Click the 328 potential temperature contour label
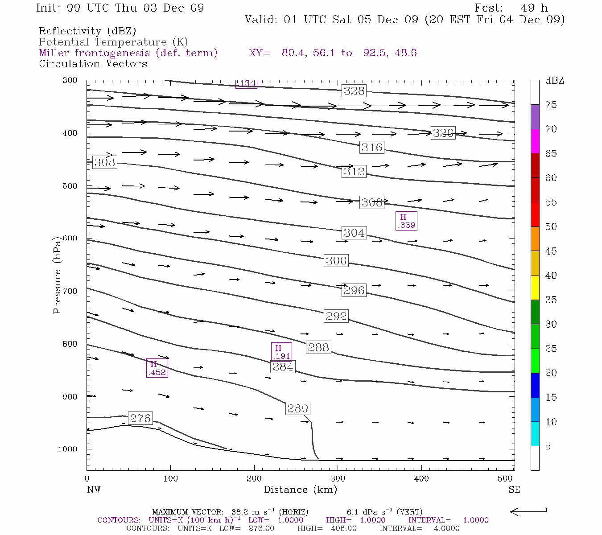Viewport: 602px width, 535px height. point(354,91)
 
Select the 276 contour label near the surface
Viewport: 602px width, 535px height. point(140,418)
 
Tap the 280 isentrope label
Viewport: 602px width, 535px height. point(297,408)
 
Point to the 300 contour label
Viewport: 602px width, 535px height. point(336,261)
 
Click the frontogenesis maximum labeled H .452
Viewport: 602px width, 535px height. point(157,368)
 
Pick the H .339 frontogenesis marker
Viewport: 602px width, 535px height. point(407,221)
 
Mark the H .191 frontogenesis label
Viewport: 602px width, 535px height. point(281,352)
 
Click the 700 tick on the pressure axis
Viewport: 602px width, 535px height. point(70,291)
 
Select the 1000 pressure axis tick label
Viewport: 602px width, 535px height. point(68,449)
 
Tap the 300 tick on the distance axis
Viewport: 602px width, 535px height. point(338,479)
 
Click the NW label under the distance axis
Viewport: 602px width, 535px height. point(94,490)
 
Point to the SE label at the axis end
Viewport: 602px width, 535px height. point(514,490)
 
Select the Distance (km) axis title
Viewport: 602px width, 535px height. point(300,490)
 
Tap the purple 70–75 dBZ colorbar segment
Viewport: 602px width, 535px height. point(535,117)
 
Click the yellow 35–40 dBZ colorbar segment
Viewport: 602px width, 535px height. point(535,288)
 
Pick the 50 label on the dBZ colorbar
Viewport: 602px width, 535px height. point(551,227)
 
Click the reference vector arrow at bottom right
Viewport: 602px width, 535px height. point(528,511)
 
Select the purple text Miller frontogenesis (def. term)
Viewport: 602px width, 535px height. point(128,53)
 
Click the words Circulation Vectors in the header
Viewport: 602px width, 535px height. point(93,64)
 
